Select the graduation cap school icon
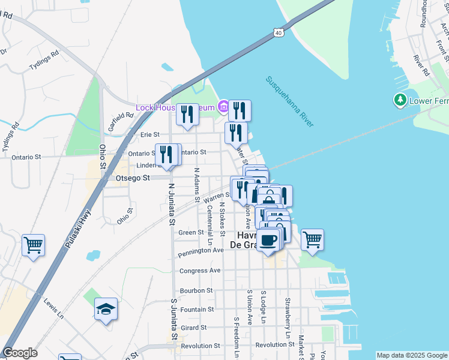point(106,309)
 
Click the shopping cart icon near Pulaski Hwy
point(34,245)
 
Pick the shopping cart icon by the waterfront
point(312,240)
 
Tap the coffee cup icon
point(269,241)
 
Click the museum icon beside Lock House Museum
point(223,107)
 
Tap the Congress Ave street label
point(200,271)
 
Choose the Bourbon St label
point(197,290)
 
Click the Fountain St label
point(197,310)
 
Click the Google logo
point(20,353)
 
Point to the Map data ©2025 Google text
point(411,355)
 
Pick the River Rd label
point(422,66)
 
